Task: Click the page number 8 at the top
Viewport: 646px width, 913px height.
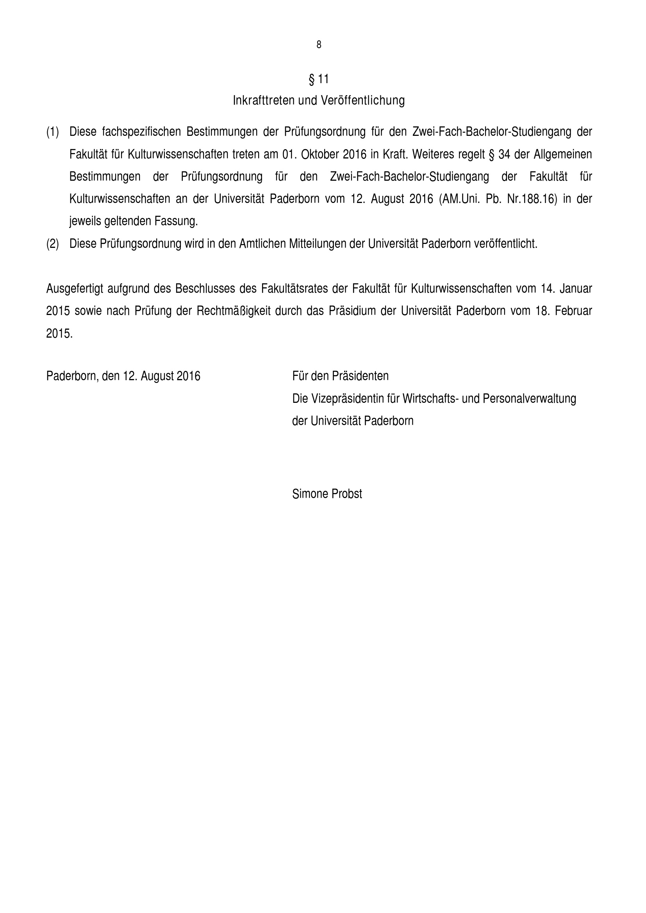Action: coord(319,45)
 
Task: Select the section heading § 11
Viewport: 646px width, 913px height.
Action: coord(319,79)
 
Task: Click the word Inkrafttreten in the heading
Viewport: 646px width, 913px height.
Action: coord(264,100)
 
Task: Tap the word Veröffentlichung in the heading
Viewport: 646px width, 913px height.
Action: coord(362,100)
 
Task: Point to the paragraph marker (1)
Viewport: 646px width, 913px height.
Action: coord(52,132)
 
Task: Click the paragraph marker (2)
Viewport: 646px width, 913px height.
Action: coord(52,244)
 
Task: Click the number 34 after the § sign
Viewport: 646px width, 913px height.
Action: coord(504,154)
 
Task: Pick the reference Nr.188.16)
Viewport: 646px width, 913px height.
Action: coord(532,199)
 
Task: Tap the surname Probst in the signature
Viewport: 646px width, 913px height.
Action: coord(347,494)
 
